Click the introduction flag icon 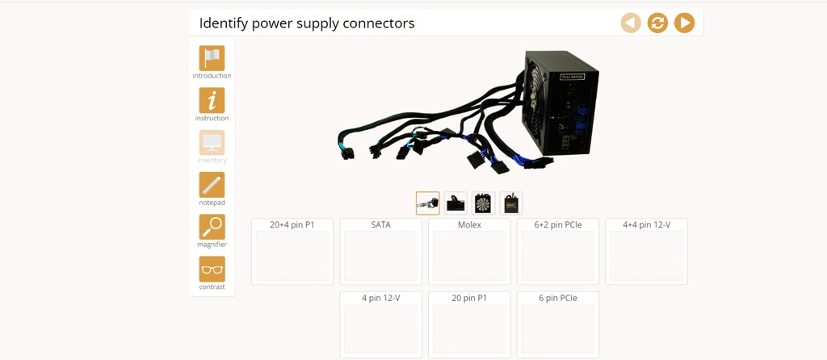coord(212,58)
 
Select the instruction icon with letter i coord(212,101)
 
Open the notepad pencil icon coord(212,185)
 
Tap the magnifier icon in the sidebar coord(212,227)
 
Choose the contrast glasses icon coord(212,270)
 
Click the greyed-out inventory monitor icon coord(212,143)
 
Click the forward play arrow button coord(684,23)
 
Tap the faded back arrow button coord(631,23)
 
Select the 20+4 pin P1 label coord(292,224)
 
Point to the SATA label coord(380,224)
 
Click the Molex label coord(469,224)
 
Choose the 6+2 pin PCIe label coord(558,224)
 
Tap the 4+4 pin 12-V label coord(646,224)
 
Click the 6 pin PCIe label coord(558,298)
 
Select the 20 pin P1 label coord(469,298)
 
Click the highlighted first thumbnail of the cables coord(428,203)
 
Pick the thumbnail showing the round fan coord(483,203)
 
